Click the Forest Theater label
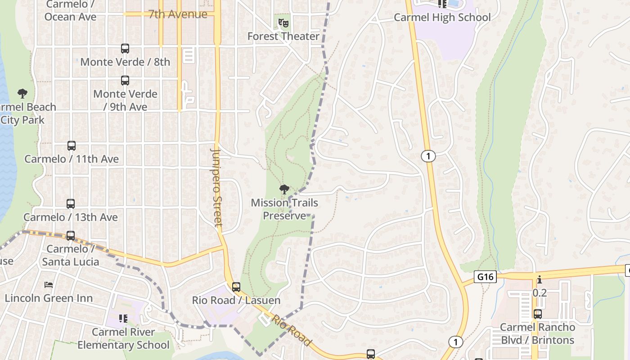pos(283,36)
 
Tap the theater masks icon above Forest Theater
pos(283,22)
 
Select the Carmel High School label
pos(442,18)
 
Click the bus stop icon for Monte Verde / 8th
pos(125,48)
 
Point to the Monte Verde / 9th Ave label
pos(126,100)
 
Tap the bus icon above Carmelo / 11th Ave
pos(72,146)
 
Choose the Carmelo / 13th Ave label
pos(71,217)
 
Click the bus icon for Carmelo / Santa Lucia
pos(71,235)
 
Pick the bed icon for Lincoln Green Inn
pos(49,285)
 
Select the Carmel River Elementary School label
pos(123,338)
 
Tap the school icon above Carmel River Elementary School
pos(123,319)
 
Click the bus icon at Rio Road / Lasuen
pos(236,287)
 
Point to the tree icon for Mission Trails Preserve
pos(284,189)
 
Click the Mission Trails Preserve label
pos(284,209)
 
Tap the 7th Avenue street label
pos(178,14)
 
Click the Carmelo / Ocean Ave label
pos(70,11)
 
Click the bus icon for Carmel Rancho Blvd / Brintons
pos(538,314)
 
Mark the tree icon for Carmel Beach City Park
pos(22,94)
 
